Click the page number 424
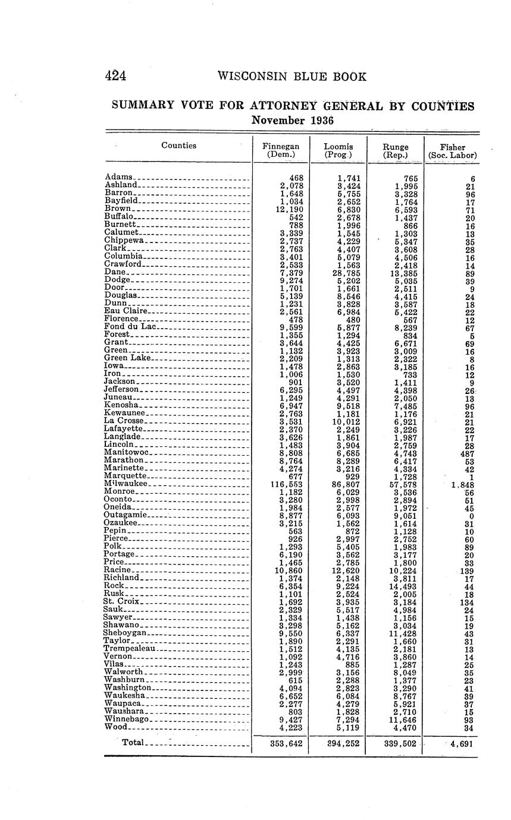(x=117, y=77)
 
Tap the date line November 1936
(x=293, y=121)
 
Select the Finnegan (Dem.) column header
(x=281, y=151)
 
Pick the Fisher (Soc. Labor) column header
(x=452, y=152)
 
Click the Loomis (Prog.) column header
(x=338, y=151)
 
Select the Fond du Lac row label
(x=130, y=326)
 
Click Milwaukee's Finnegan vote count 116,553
(x=287, y=484)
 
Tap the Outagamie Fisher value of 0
(x=471, y=516)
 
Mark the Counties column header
(x=178, y=146)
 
